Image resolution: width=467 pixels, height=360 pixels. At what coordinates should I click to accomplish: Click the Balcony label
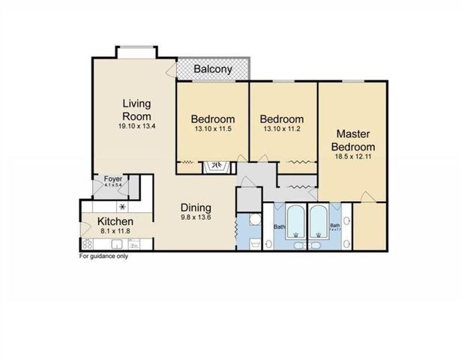212,70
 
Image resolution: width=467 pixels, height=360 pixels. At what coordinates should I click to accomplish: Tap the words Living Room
137,111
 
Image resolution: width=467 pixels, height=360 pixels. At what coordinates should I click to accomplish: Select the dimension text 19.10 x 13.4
137,127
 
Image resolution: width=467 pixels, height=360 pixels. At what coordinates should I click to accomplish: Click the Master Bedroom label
352,139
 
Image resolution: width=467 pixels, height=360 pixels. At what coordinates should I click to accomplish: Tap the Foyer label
112,179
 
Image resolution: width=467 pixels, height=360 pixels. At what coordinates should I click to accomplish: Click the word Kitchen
115,222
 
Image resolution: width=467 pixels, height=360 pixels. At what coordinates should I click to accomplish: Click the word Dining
195,208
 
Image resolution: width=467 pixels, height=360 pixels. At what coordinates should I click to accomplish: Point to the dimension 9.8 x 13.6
195,219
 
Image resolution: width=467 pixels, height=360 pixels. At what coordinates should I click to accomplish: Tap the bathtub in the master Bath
318,221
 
